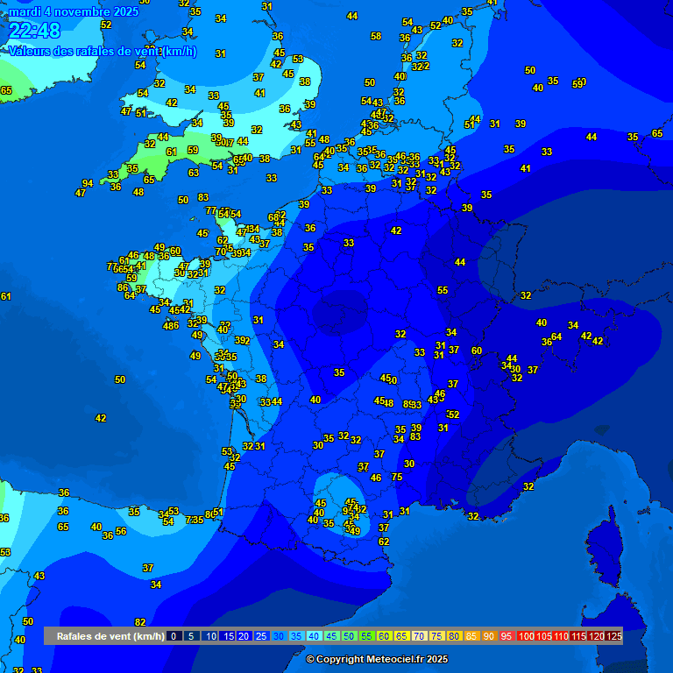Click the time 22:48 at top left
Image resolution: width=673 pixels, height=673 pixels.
[35, 32]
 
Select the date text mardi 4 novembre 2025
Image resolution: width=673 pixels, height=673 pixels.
[74, 11]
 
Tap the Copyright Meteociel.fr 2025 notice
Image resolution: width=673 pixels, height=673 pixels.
[377, 659]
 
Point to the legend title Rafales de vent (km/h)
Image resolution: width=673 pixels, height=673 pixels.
[110, 636]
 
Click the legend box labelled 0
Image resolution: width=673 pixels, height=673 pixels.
[174, 636]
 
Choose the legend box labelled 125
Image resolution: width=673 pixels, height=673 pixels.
[614, 636]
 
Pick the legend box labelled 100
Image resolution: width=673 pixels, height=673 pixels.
[526, 636]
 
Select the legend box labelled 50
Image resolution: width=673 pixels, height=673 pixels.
[350, 636]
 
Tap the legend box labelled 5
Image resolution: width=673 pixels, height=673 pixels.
[192, 636]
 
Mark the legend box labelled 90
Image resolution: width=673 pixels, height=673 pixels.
[489, 636]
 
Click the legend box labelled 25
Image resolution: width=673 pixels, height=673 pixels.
[261, 636]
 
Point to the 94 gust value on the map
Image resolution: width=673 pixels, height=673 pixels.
[88, 183]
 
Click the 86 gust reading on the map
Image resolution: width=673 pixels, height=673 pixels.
[123, 287]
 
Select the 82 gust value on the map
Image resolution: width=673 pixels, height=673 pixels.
[140, 622]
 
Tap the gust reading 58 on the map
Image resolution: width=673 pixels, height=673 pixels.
[376, 36]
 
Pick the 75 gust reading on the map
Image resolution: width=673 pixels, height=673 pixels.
[397, 477]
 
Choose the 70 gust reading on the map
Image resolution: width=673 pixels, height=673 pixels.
[221, 251]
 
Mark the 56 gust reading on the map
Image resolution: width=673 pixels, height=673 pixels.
[121, 531]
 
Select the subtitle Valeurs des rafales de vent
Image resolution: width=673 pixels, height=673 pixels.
[103, 52]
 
